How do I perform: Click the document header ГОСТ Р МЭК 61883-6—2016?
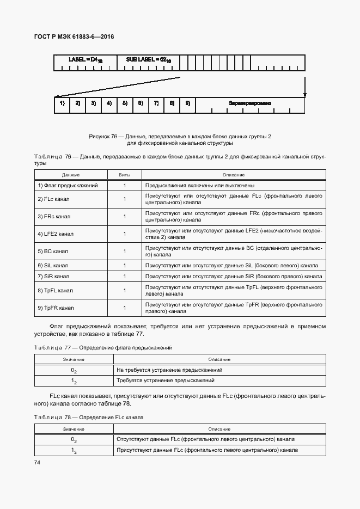[75, 37]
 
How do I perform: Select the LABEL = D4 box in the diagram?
[86, 63]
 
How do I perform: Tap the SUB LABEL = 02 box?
[148, 63]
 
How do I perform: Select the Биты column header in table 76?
[125, 175]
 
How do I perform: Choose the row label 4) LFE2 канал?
[56, 234]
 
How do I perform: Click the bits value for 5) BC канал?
[125, 252]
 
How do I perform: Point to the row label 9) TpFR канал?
[56, 308]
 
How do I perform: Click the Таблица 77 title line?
[103, 347]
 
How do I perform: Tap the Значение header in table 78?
[73, 429]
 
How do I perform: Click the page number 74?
[37, 462]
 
